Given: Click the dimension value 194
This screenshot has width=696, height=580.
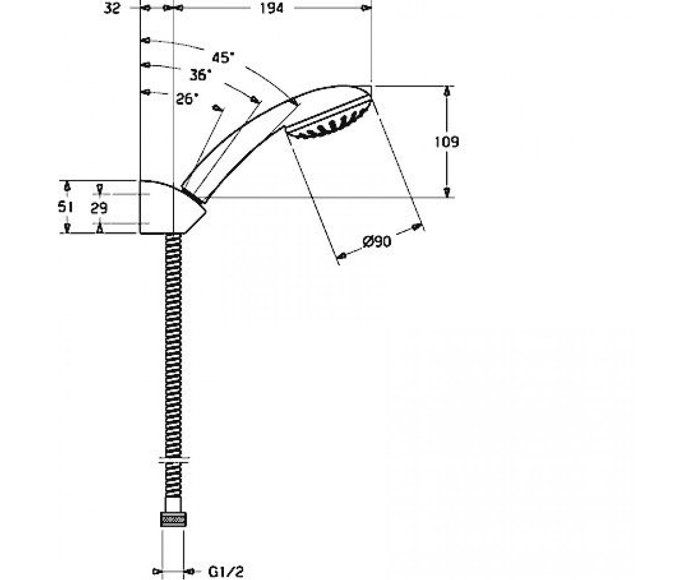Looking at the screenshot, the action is pos(271,8).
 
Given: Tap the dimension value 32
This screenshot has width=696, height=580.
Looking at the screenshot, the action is pos(112,8).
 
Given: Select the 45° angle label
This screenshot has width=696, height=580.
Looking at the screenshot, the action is pos(223,57).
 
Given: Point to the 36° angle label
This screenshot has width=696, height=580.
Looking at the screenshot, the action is pos(200,75).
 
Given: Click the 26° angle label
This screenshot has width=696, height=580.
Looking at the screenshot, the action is pos(187,99).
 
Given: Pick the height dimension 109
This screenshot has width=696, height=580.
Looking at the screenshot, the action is pos(447,142).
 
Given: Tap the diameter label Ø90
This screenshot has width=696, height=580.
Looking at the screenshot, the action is pos(377,241).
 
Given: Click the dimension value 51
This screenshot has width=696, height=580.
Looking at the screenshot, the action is pos(65,207).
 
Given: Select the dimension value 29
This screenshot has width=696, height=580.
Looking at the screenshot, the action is pos(99,208).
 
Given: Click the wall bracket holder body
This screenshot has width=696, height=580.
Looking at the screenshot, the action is pos(169,207).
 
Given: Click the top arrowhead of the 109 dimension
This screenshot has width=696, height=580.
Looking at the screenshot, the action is pos(447,91).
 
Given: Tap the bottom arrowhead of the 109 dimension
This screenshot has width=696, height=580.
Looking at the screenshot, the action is pos(447,192).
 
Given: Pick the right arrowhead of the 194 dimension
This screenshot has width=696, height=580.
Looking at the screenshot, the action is pos(367,8).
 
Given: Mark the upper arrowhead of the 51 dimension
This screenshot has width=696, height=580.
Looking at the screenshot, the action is pos(67,186).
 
